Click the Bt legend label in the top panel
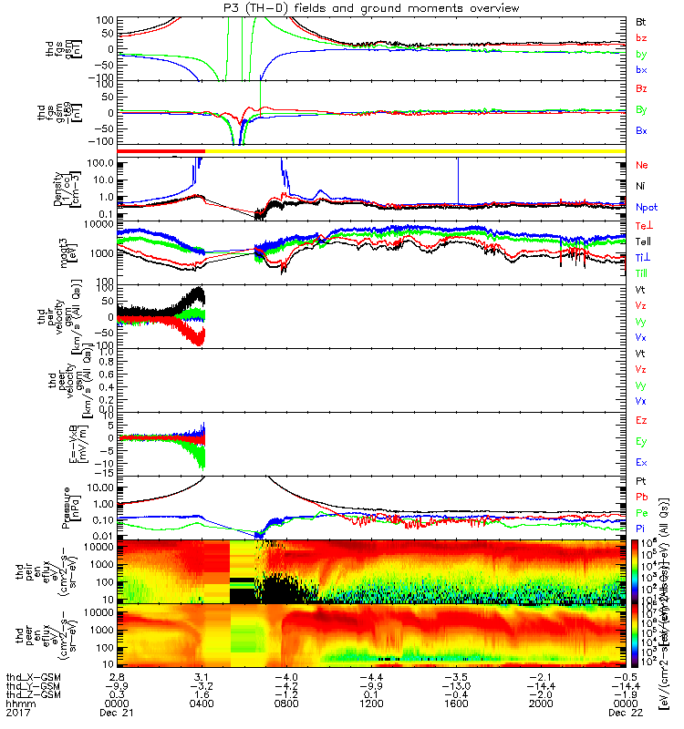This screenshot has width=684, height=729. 640,20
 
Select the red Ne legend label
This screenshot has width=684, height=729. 640,165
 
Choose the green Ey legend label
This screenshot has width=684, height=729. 640,441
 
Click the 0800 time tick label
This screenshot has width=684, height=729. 288,703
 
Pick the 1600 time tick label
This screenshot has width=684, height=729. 458,703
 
